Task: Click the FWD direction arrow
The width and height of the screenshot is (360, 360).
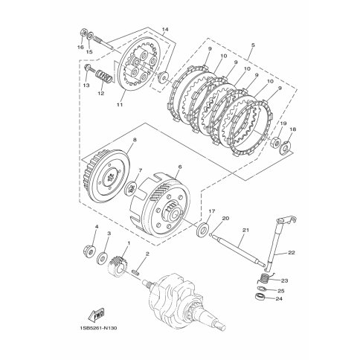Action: point(96,314)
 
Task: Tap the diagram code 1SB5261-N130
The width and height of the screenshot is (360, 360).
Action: point(98,328)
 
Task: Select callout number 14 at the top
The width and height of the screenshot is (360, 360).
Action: point(165,30)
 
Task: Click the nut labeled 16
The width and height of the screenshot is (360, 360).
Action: point(83,33)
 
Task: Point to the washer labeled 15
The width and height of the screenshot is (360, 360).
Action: point(91,36)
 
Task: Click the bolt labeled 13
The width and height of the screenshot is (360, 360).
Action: point(89,68)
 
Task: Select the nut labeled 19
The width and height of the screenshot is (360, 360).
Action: point(276,142)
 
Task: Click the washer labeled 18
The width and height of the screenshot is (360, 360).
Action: point(286,148)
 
